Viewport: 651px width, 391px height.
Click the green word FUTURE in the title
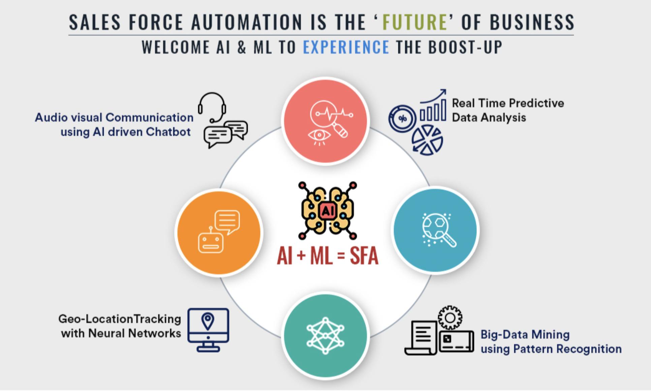[x=415, y=22]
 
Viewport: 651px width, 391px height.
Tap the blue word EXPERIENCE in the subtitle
[x=346, y=47]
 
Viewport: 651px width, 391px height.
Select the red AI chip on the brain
[x=328, y=211]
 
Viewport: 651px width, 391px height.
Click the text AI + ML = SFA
[x=328, y=256]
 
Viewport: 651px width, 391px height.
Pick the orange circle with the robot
[x=219, y=233]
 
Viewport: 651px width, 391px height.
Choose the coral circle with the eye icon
[x=325, y=121]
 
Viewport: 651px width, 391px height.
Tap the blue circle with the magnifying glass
[x=435, y=230]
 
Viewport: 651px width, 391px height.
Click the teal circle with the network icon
[x=325, y=336]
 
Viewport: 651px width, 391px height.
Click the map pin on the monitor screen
[x=208, y=321]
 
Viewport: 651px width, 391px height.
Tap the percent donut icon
[x=402, y=118]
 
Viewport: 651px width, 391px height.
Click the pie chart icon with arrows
[x=427, y=140]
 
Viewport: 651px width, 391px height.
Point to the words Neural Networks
[x=134, y=333]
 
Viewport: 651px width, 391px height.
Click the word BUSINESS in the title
[x=532, y=22]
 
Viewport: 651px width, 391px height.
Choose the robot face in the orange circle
[x=211, y=242]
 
